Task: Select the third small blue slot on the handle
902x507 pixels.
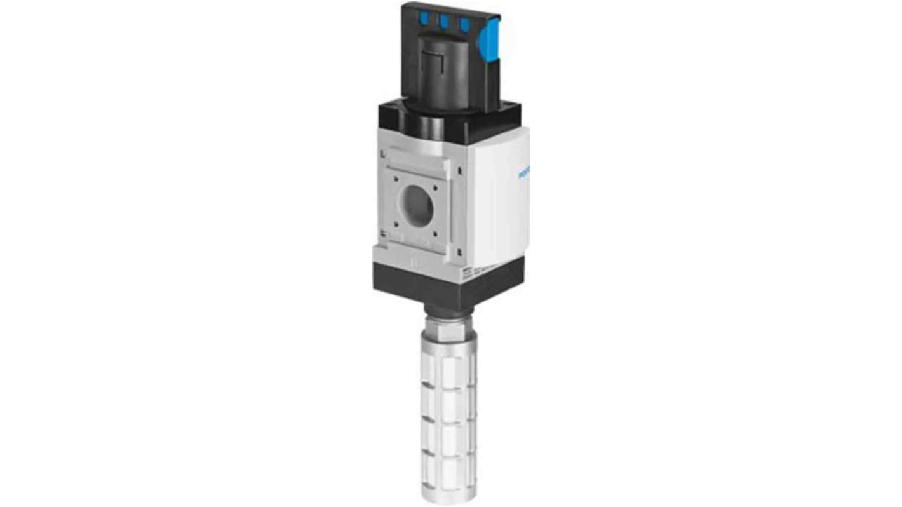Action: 464,25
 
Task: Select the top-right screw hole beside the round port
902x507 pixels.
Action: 438,187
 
